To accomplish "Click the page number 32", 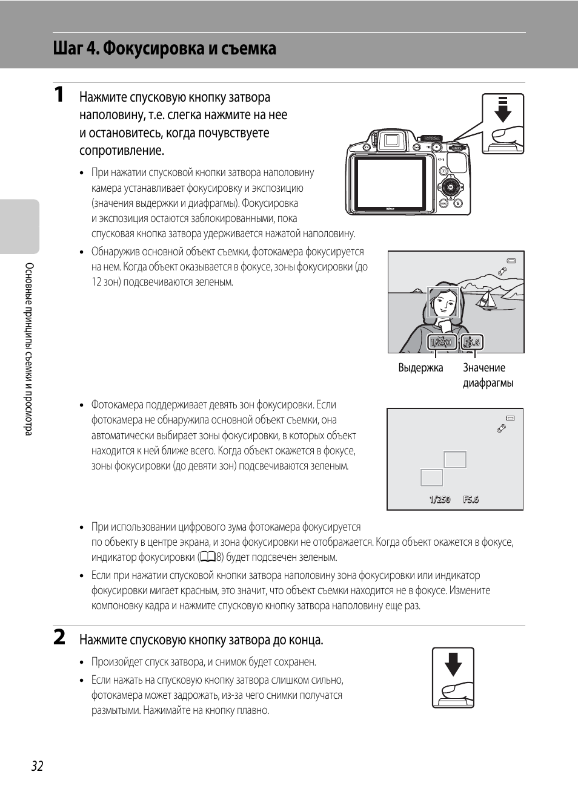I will pos(37,766).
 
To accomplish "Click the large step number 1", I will pos(59,95).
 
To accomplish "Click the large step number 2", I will pos(59,638).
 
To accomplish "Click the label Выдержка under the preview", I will pos(420,368).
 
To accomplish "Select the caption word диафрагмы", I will pos(488,383).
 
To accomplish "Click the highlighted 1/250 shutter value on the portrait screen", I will pos(440,342).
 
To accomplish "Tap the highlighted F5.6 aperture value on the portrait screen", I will pos(471,342).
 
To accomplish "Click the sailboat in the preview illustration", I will pos(486,299).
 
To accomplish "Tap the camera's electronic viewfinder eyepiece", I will pos(391,141).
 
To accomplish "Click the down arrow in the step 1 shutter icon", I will pos(503,110).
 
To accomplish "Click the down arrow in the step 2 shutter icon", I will pos(453,665).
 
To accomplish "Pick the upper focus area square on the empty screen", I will pos(454,460).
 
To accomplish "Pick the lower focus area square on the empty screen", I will pos(431,477).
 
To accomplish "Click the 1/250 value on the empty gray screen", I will pos(440,500).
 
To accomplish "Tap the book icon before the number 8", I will pos(207,557).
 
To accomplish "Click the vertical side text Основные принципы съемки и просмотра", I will pos(28,348).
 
